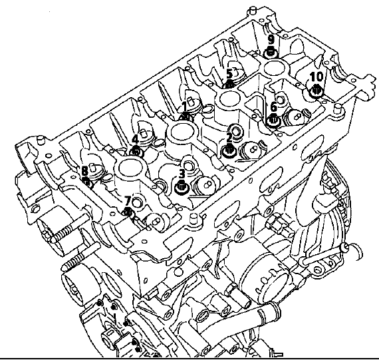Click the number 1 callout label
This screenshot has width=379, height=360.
click(184, 107)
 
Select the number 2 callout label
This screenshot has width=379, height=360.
click(229, 138)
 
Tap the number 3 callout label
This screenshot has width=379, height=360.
click(182, 174)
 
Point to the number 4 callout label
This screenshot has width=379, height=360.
click(135, 140)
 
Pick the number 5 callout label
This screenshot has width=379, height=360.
click(229, 74)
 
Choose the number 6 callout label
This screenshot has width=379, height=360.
click(273, 107)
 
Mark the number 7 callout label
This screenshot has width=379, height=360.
click(128, 200)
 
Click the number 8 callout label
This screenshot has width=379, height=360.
click(84, 172)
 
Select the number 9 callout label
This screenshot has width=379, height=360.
click(271, 39)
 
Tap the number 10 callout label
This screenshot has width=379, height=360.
click(316, 77)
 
